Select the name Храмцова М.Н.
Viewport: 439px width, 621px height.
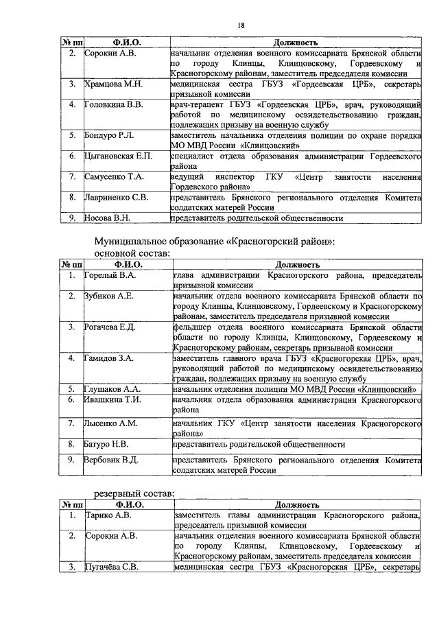[x=112, y=84]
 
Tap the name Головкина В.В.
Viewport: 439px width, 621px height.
[x=113, y=104]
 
